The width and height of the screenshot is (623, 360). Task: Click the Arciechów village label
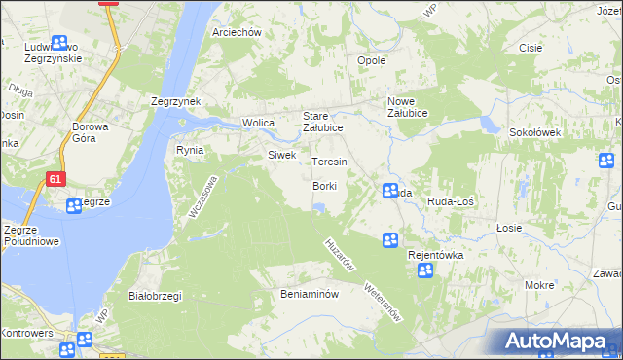pyautogui.click(x=238, y=32)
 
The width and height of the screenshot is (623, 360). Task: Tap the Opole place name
pyautogui.click(x=372, y=60)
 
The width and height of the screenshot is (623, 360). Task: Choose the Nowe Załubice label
pyautogui.click(x=415, y=107)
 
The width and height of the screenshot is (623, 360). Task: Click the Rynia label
pyautogui.click(x=189, y=150)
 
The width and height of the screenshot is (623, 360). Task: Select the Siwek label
pyautogui.click(x=281, y=155)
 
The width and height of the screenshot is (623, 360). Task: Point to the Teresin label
pyautogui.click(x=329, y=162)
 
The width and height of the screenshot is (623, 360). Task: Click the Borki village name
pyautogui.click(x=325, y=186)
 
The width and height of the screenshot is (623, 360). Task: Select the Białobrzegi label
pyautogui.click(x=155, y=295)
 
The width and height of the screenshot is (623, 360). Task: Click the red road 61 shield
pyautogui.click(x=55, y=178)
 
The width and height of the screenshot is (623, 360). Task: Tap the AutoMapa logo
pyautogui.click(x=558, y=342)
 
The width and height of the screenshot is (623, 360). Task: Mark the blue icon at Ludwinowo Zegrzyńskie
pyautogui.click(x=59, y=43)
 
